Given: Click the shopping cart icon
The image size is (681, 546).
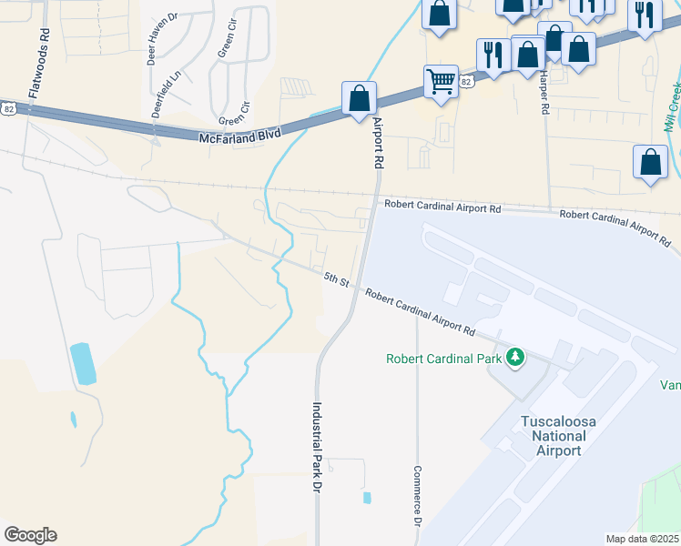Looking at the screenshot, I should pyautogui.click(x=441, y=81).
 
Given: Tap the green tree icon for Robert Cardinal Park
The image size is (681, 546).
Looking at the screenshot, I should pyautogui.click(x=516, y=358).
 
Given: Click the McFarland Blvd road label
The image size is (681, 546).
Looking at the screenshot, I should pyautogui.click(x=240, y=136).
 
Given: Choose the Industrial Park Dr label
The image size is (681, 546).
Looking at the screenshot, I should pyautogui.click(x=319, y=448).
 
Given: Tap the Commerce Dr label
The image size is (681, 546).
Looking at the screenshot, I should pyautogui.click(x=415, y=499).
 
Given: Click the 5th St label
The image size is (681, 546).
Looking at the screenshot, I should pyautogui.click(x=337, y=282).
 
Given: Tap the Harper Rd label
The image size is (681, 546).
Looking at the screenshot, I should pyautogui.click(x=544, y=92).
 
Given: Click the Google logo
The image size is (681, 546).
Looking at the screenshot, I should pyautogui.click(x=30, y=535).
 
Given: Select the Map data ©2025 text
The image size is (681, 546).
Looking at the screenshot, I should pyautogui.click(x=643, y=539).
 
